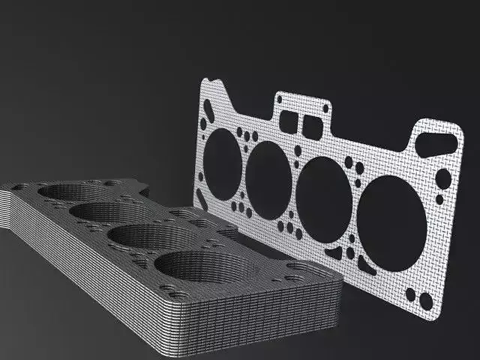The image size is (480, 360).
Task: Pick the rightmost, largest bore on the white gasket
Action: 390,220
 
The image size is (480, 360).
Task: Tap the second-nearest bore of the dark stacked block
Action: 142,235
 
